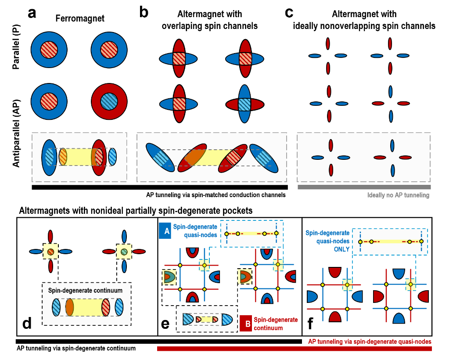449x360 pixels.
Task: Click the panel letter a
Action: click(x=32, y=13)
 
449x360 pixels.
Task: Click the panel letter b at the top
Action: click(x=144, y=12)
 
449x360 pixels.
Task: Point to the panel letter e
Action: click(x=165, y=324)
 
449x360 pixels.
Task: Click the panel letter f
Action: click(x=311, y=324)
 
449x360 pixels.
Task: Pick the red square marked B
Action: click(x=246, y=324)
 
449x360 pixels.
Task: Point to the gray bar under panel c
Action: click(x=364, y=187)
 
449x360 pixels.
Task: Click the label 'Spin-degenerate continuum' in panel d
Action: click(x=86, y=290)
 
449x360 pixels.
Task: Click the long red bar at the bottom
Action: click(x=295, y=349)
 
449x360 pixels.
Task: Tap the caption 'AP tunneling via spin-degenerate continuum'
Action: click(x=76, y=348)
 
